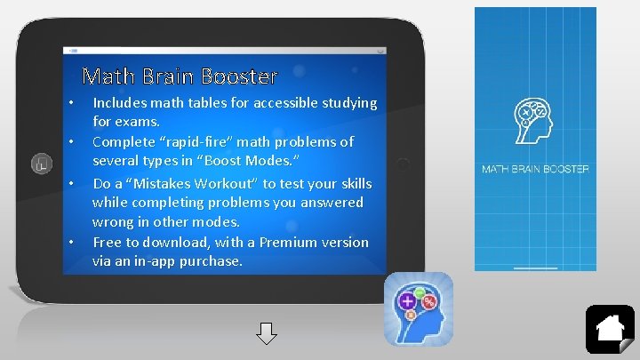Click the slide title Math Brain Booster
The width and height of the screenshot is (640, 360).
(180, 76)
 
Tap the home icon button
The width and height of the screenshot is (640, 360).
(610, 329)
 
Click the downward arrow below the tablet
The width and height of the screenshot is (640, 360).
(267, 335)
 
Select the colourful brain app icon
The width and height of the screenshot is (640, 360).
(419, 308)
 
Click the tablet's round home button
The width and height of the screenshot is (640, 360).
(40, 163)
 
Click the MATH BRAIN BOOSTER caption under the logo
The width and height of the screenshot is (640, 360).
(535, 168)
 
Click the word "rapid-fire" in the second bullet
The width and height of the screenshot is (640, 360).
(198, 141)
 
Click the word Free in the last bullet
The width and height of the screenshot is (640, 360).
(107, 242)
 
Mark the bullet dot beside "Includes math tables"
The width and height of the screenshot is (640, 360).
(70, 105)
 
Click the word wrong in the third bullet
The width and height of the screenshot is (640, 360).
(111, 222)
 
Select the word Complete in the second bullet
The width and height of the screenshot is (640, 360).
(124, 141)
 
